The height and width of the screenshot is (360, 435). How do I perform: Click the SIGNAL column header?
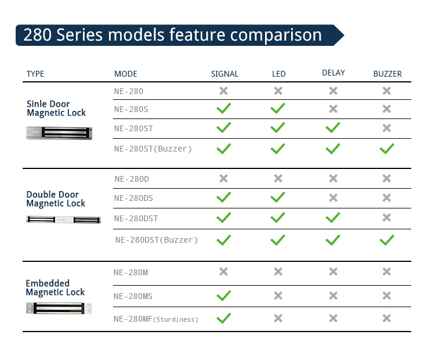[x=224, y=74]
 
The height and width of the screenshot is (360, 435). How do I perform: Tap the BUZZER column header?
[x=387, y=74]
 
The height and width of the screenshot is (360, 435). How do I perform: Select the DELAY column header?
[x=333, y=73]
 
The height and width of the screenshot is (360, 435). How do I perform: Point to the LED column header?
[x=279, y=74]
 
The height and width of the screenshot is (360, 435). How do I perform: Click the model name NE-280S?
[x=131, y=109]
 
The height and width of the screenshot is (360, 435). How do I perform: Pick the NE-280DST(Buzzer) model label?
[x=157, y=240]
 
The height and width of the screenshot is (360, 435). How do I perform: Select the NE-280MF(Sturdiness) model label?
[x=156, y=319]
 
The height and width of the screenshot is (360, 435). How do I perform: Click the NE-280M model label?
[x=131, y=272]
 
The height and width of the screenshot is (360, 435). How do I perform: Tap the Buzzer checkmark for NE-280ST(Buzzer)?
[x=387, y=149]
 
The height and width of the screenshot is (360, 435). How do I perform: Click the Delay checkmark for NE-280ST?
[x=333, y=128]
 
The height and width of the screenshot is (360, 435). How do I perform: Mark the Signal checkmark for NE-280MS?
[x=224, y=296]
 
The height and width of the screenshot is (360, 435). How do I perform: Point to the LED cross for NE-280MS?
[x=278, y=296]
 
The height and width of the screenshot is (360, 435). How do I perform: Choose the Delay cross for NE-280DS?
[x=333, y=198]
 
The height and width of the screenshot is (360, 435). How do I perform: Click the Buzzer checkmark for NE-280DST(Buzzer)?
[x=387, y=240]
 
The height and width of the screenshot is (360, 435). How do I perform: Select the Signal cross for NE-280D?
[x=223, y=178]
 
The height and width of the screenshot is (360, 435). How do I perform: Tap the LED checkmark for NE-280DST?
[x=278, y=218]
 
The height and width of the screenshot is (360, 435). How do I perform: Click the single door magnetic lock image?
[x=59, y=133]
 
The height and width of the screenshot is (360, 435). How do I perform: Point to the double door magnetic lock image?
[x=64, y=219]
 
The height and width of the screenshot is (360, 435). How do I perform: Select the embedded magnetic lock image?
[x=59, y=308]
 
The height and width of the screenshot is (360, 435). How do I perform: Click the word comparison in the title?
[x=275, y=35]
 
